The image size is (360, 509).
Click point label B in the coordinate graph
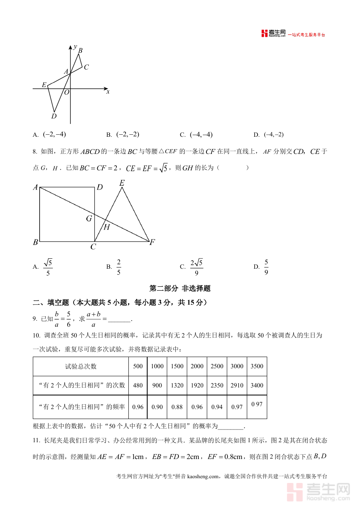tap(80, 51)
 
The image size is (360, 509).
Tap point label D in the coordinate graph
tap(54, 116)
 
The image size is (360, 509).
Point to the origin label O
tap(67, 92)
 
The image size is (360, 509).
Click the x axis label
tap(108, 92)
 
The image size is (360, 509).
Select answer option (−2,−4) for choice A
tap(54, 135)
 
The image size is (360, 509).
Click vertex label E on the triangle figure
tap(122, 183)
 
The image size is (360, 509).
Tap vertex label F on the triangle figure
tap(152, 242)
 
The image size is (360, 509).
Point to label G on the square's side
tap(89, 218)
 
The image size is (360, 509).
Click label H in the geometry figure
tap(107, 227)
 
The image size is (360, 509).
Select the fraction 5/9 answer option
tap(266, 267)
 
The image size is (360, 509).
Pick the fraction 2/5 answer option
tap(119, 267)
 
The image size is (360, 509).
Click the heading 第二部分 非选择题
tap(180, 288)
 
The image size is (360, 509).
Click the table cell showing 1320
tap(177, 385)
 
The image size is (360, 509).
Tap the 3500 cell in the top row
tap(257, 366)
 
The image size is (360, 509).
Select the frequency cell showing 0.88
tap(177, 407)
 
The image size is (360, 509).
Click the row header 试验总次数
tap(81, 366)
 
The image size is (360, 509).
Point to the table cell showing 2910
tap(237, 385)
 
